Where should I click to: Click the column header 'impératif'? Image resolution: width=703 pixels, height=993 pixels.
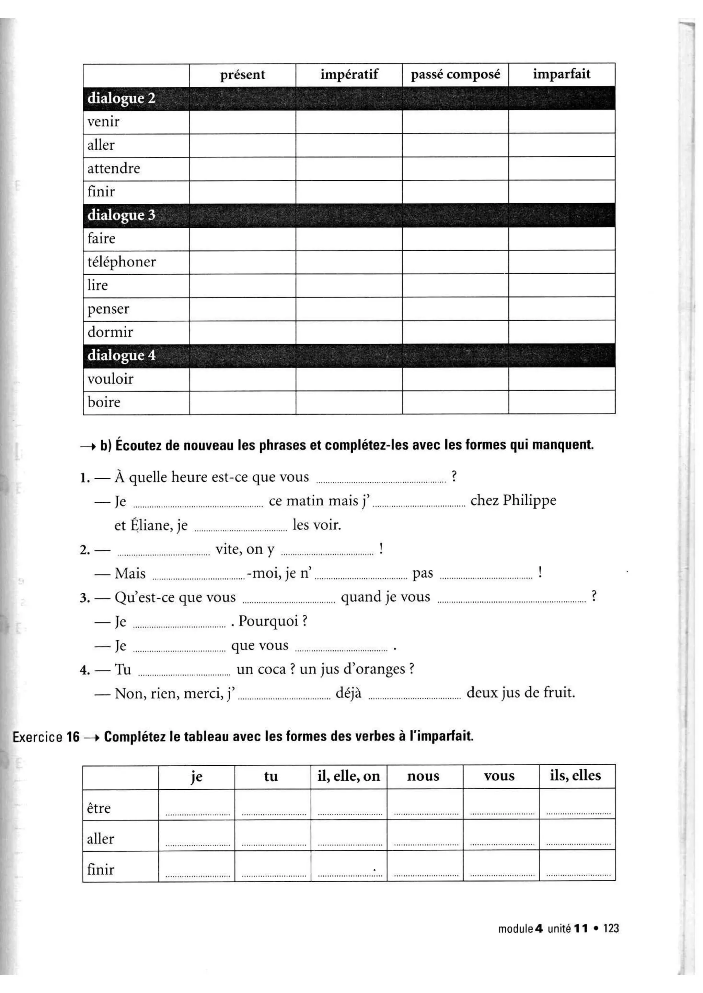point(349,74)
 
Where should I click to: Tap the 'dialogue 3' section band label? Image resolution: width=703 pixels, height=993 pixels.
point(121,215)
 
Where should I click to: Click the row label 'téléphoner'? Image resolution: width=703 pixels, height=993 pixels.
point(121,262)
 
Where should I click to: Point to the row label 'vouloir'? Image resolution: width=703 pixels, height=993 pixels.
point(111,379)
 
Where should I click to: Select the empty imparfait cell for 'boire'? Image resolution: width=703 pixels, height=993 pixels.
point(562,402)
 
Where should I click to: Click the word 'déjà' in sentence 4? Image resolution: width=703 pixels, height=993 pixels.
point(348,693)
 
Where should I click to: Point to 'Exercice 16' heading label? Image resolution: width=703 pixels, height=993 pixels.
point(46,737)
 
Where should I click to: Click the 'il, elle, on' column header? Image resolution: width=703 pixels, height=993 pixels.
point(348,776)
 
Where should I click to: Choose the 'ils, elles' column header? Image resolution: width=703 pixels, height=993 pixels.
point(575,775)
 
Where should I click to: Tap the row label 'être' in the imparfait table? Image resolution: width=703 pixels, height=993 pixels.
point(99,808)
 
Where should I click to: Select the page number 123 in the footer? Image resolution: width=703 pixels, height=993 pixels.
point(611,929)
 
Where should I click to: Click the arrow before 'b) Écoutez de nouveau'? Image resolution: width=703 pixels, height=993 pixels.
point(88,446)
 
